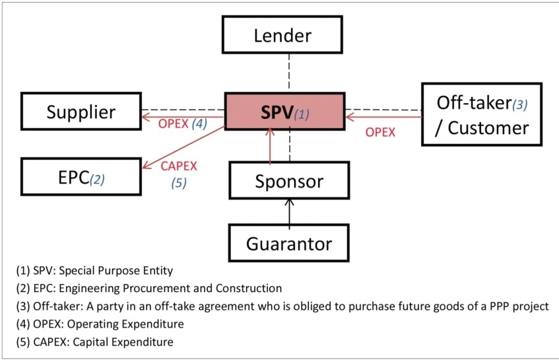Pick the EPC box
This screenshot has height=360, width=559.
(x=81, y=176)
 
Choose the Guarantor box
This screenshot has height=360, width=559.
(x=288, y=244)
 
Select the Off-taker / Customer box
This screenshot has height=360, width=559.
(x=481, y=114)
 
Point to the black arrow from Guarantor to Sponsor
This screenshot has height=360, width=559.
(x=288, y=211)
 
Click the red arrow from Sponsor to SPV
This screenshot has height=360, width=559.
(x=270, y=146)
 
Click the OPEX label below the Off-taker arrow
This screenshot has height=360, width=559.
(x=380, y=132)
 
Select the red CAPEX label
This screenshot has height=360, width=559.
(x=179, y=166)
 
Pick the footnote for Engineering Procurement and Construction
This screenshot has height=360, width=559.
(x=148, y=289)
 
